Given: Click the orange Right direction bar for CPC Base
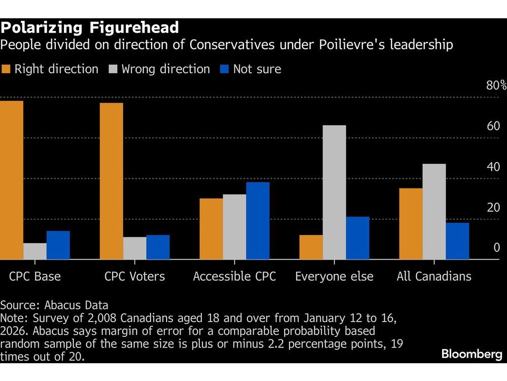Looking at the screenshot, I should tap(12, 180).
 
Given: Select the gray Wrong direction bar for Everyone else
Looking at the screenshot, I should tap(334, 193).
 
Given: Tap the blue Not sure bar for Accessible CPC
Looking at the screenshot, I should tap(258, 221).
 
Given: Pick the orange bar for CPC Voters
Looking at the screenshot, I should tap(111, 181).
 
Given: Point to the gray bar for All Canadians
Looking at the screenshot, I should tap(434, 212).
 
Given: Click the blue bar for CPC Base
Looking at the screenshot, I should tap(58, 245).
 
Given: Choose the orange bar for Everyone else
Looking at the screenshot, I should tap(311, 247).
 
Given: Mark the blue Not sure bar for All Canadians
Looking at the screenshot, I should tap(457, 241).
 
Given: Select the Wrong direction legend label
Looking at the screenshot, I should tap(165, 69).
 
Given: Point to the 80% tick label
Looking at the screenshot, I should tap(496, 85).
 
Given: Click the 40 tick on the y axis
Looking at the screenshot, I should tap(493, 167).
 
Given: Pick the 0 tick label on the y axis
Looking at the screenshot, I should tap(497, 248).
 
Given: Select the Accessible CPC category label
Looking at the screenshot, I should tap(234, 276).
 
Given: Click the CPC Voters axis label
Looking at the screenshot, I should tap(134, 276).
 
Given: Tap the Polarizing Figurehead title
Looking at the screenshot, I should tap(89, 27).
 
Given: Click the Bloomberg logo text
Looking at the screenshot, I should tap(472, 355).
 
